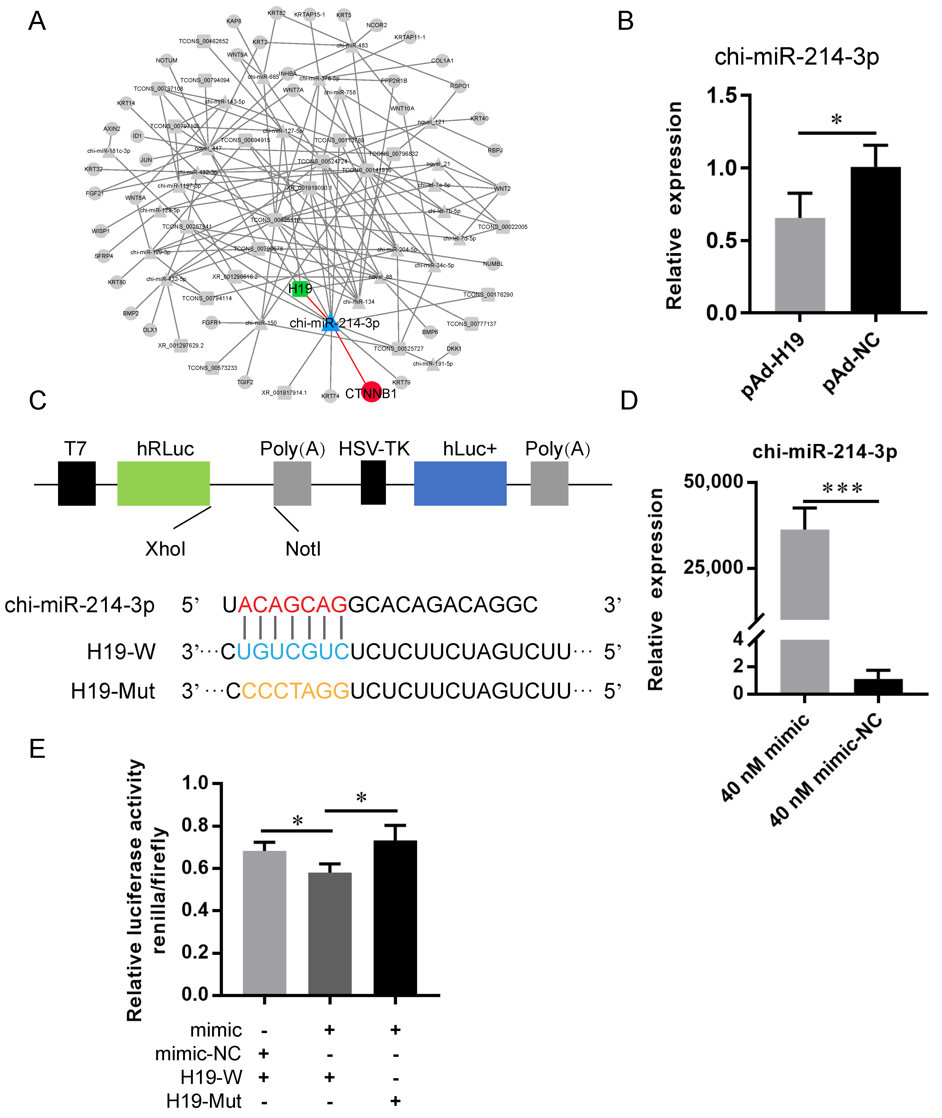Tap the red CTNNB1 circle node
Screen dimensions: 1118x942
(x=371, y=392)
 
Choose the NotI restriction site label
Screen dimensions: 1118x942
(x=303, y=549)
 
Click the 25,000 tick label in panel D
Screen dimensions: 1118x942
(x=714, y=567)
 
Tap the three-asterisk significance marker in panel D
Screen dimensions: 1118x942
(x=842, y=488)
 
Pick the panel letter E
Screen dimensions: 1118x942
(x=37, y=749)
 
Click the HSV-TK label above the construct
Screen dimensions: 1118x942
(x=374, y=449)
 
